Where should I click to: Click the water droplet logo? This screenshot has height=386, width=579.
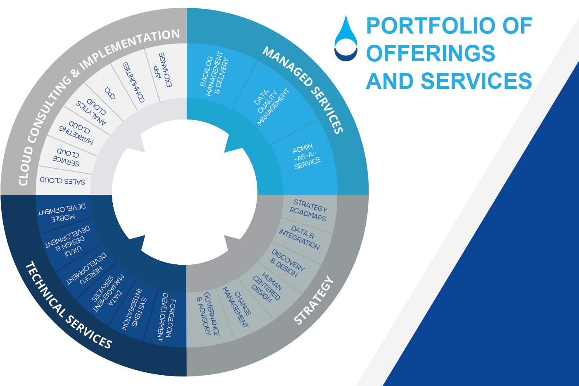point(345,38)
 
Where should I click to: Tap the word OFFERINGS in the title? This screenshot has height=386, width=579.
point(431,53)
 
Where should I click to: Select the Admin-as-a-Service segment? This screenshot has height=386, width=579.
point(307,157)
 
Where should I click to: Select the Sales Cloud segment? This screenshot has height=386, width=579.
point(63,181)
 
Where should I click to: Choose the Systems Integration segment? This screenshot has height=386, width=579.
point(133,309)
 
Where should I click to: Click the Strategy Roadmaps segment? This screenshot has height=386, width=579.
point(309,210)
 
